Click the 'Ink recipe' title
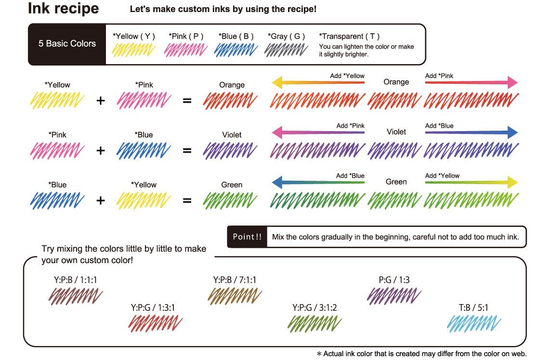click(63, 9)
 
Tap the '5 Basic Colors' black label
click(67, 43)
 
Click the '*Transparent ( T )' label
click(349, 36)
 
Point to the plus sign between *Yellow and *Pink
click(100, 101)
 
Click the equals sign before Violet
click(187, 151)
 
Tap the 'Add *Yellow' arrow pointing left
click(318, 83)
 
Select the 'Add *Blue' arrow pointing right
click(471, 133)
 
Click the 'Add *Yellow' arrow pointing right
click(471, 183)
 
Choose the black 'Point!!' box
click(247, 237)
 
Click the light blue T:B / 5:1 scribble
click(474, 323)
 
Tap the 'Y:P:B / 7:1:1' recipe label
click(235, 280)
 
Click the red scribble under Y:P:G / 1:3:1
click(155, 323)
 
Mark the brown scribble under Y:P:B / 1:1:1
click(76, 295)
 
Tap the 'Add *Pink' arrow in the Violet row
click(318, 133)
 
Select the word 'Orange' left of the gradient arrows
click(232, 85)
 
